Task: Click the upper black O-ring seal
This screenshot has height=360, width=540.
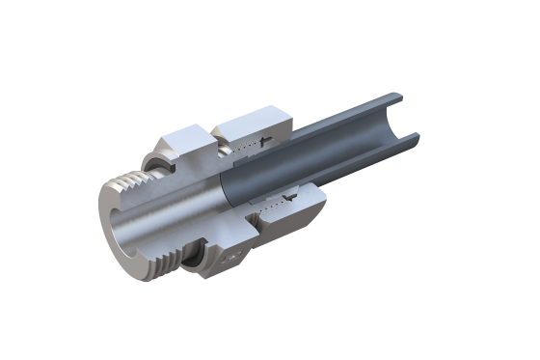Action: (x=153, y=159)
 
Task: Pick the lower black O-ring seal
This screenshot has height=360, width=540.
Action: (x=194, y=256)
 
